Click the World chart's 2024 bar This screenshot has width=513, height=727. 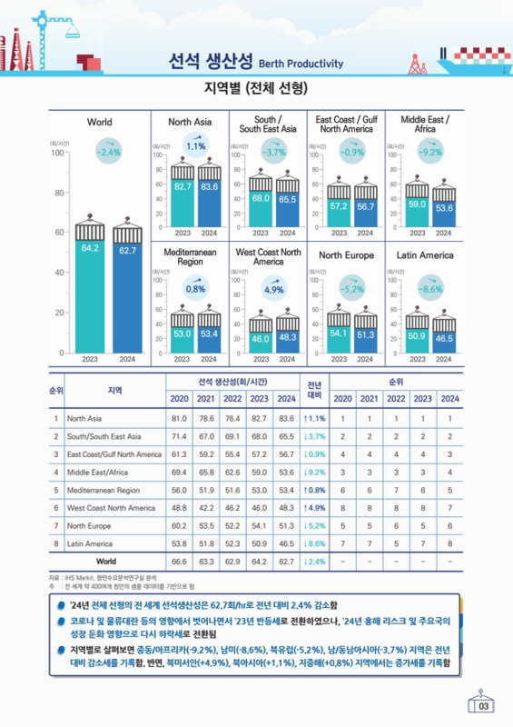coord(127,298)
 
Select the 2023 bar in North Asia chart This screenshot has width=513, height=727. coord(183,203)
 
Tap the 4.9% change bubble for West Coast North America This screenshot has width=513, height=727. coord(274,288)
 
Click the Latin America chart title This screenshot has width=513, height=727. coord(425,255)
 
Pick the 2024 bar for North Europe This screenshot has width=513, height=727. coord(366,340)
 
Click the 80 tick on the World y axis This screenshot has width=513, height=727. coord(59,193)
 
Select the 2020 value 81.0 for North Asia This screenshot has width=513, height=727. coord(179,418)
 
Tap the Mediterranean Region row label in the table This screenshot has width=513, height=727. coord(104,490)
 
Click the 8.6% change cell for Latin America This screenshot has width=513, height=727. coord(314,543)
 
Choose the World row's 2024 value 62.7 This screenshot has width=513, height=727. coord(286,562)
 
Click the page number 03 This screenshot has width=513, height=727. coord(483,706)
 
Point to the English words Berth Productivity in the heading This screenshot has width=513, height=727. coord(301,64)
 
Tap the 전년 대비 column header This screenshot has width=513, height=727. coord(314,391)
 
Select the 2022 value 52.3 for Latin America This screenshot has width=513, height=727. coord(232,543)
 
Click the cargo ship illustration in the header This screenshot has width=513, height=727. coord(474,61)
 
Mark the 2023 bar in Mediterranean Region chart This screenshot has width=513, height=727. coord(183,340)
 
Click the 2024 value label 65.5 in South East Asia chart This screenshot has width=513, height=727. coord(287,199)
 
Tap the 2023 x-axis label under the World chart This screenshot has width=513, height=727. coord(90,359)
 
